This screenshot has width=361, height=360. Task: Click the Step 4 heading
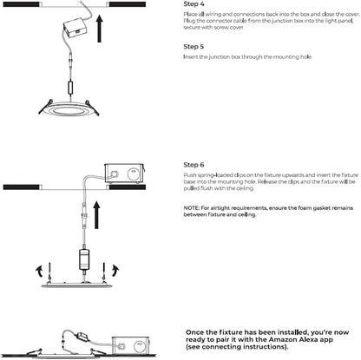tap(194, 4)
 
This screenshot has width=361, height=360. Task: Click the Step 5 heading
tap(194, 47)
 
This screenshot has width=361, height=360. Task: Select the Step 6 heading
tap(194, 165)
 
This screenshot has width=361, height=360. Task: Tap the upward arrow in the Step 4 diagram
tap(100, 29)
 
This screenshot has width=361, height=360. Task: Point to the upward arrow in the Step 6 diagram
tap(96, 215)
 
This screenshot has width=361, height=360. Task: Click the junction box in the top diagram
tap(74, 27)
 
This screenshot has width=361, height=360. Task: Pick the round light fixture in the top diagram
tap(69, 109)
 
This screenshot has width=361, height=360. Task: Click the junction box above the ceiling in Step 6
tap(124, 174)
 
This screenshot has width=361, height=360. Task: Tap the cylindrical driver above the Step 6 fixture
tap(84, 259)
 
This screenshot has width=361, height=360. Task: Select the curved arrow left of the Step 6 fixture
tap(38, 271)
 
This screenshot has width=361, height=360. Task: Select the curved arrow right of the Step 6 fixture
tap(115, 270)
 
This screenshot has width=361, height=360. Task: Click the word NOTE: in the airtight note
tap(191, 208)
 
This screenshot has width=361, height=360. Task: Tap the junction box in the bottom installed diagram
tap(130, 346)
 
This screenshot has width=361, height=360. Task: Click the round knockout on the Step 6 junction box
tap(134, 174)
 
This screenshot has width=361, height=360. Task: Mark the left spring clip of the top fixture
tap(46, 107)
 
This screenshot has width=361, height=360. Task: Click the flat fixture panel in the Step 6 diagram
tap(77, 285)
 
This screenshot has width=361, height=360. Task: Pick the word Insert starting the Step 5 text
tap(191, 56)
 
